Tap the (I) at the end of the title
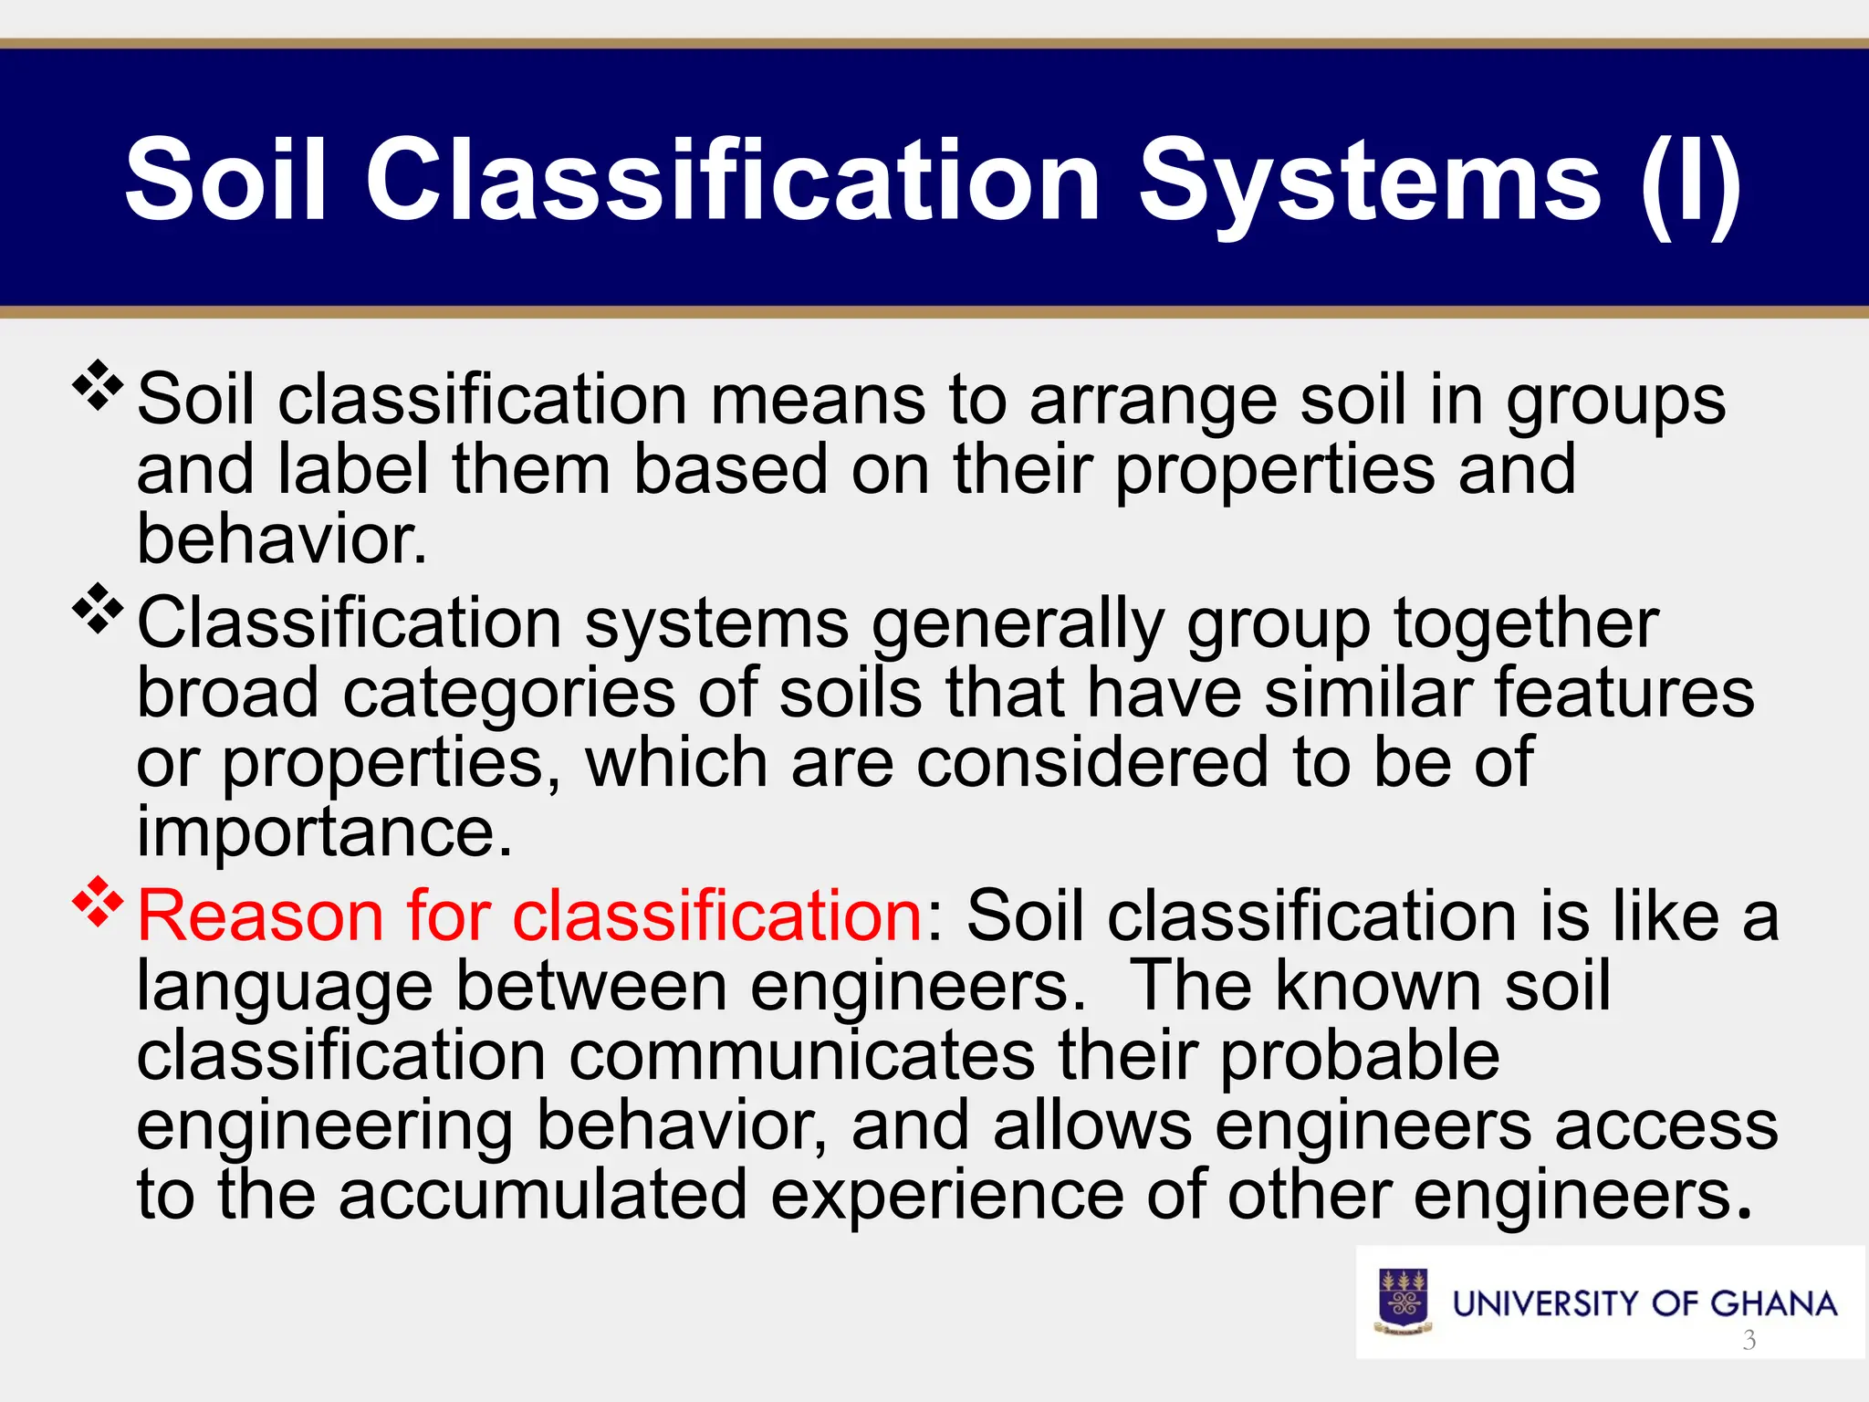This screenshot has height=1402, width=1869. (x=1691, y=181)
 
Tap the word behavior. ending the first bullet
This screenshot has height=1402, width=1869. (x=281, y=539)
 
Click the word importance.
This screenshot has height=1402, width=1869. (x=324, y=832)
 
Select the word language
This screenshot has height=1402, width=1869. (x=285, y=988)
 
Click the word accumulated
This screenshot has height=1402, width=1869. (x=543, y=1195)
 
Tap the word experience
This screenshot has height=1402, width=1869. (x=947, y=1197)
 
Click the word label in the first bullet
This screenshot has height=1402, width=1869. (x=352, y=469)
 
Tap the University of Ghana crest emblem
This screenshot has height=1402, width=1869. (x=1403, y=1302)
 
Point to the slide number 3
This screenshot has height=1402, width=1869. (x=1749, y=1340)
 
